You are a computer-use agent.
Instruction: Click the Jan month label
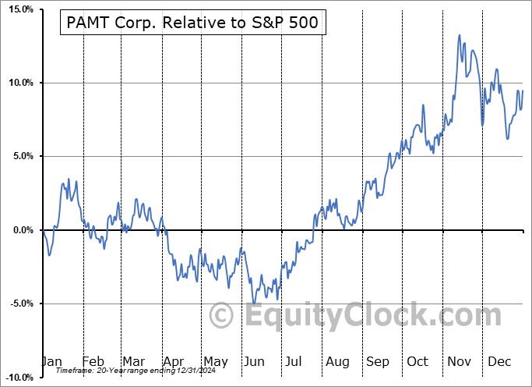[x=51, y=361]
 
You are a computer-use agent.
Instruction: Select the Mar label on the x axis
[x=132, y=361]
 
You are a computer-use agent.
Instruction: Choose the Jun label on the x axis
[x=254, y=361]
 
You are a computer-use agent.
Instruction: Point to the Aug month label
[x=336, y=361]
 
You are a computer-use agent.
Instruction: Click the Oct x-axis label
[x=417, y=361]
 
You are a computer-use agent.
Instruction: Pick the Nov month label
[x=458, y=361]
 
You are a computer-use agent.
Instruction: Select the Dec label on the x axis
[x=499, y=361]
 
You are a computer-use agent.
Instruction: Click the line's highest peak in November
[x=460, y=35]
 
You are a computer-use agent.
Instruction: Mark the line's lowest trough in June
[x=254, y=304]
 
